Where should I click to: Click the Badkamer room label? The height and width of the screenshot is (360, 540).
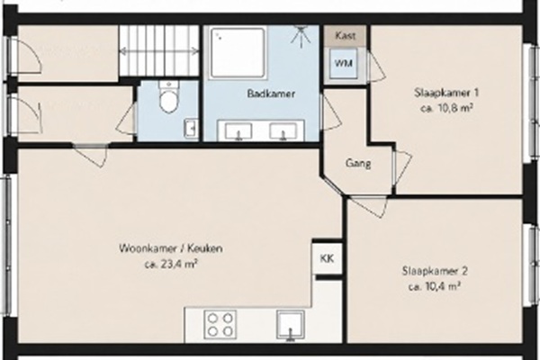pos(271,94)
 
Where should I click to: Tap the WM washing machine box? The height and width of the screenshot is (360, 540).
pos(344,64)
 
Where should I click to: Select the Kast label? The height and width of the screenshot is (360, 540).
pos(345,35)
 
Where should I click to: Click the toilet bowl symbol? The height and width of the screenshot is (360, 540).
pos(168,97)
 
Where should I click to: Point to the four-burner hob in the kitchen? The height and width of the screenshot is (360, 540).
pos(220,323)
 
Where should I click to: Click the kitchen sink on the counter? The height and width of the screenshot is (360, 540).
pos(291,324)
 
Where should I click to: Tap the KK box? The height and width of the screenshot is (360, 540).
pos(327,258)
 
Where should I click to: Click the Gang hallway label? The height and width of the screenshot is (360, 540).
pos(358,163)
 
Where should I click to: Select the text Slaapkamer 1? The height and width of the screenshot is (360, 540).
pos(446,93)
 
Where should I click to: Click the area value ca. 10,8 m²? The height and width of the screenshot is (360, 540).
pos(446,109)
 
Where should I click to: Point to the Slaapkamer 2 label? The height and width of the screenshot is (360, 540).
pos(435,271)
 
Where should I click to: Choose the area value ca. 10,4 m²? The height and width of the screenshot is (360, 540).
pos(435,287)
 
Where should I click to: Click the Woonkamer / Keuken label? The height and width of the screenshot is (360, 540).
pos(171,248)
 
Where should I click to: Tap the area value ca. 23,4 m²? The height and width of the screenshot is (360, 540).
pos(171,265)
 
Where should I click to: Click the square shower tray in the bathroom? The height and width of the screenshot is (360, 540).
pos(238,53)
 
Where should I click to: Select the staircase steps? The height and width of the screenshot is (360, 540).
pos(159,50)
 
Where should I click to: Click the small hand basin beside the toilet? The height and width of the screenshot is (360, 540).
pos(191,129)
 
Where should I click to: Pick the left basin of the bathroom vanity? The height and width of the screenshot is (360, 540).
pos(238,131)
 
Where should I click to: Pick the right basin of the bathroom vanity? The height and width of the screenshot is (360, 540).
pos(283,131)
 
